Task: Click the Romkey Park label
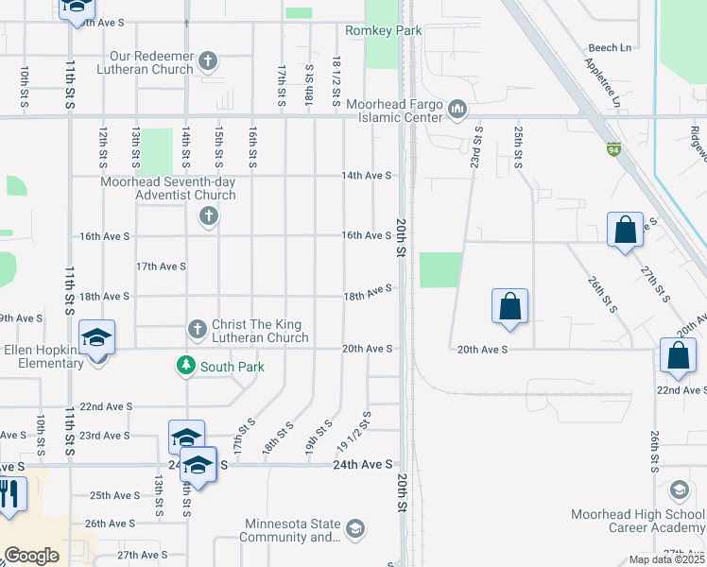383,31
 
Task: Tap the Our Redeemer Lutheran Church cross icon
210,63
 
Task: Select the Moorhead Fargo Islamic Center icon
458,110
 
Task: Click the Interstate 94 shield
614,148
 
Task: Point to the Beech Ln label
609,47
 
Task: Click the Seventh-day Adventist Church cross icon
210,217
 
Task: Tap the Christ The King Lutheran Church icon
198,329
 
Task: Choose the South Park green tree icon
186,366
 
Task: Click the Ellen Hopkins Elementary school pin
97,337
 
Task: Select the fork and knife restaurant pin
10,493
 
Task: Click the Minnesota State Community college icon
354,526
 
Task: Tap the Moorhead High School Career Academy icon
679,491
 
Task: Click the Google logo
32,556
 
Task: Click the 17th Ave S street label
161,266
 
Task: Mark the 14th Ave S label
367,176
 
